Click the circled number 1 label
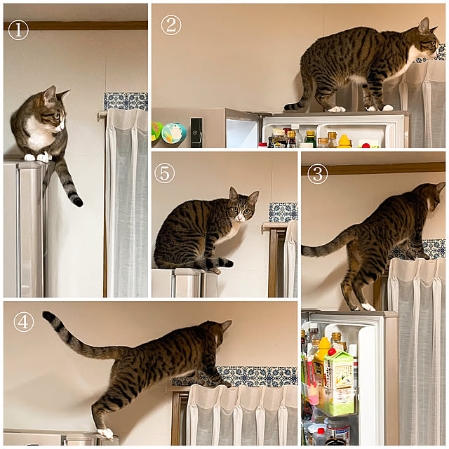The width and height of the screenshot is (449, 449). tap(18, 29)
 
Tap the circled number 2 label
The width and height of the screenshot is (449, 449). tap(171, 25)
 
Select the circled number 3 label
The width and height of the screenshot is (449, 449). tap(317, 174)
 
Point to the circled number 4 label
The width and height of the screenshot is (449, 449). tap(24, 321)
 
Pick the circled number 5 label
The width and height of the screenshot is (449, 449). tap(165, 173)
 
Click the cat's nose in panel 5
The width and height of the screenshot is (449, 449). tap(240, 219)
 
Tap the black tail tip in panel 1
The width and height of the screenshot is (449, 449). tap(76, 201)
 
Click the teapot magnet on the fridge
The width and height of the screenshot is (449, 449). tap(174, 133)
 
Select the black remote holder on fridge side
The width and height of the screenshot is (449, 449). tap(196, 133)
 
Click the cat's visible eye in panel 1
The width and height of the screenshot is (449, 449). tap(56, 116)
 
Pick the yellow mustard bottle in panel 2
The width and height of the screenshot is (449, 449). tap(344, 141)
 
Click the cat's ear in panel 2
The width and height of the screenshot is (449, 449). tap(423, 26)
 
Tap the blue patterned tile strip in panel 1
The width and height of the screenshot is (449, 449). tap(126, 101)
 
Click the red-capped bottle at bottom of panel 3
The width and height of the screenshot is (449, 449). tap(320, 435)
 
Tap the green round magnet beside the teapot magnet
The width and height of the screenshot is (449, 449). tap(156, 131)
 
